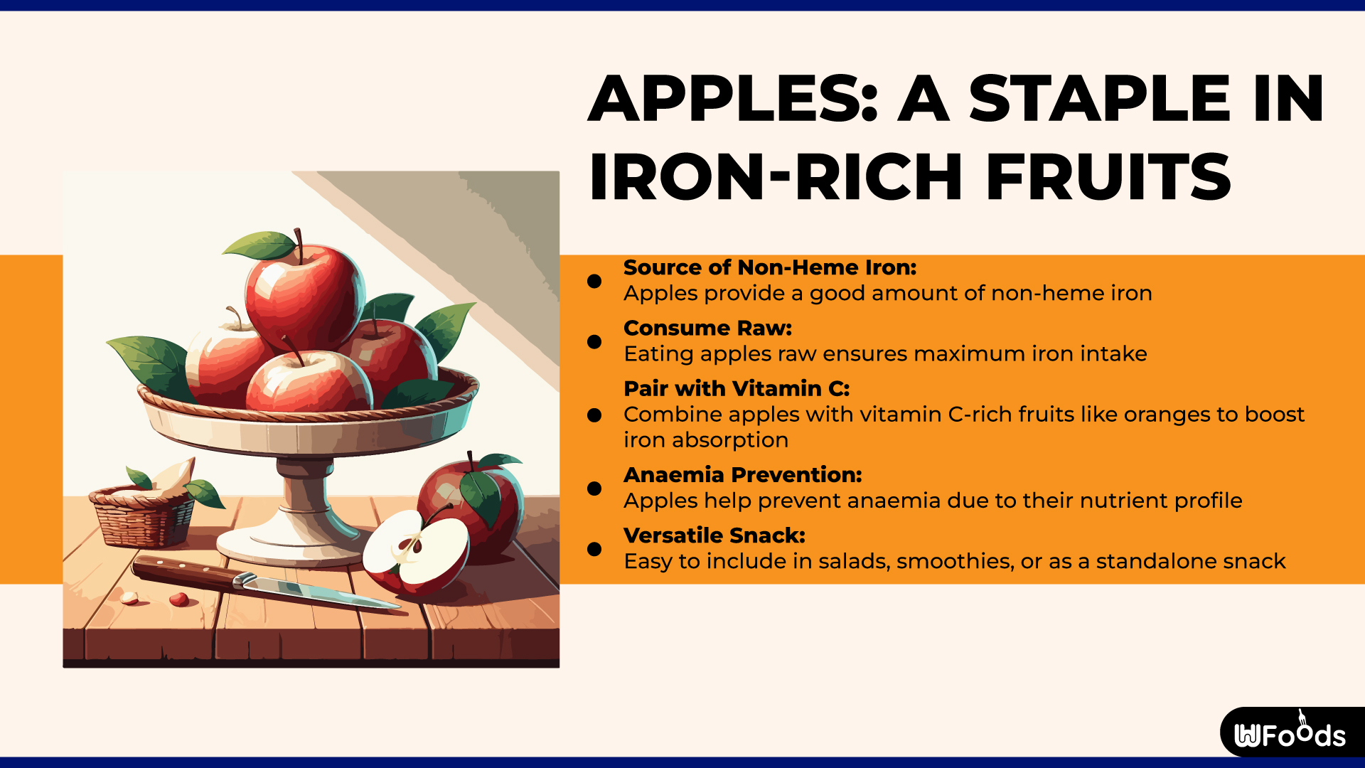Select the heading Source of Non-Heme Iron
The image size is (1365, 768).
pyautogui.click(x=770, y=267)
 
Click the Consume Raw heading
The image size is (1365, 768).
pyautogui.click(x=707, y=328)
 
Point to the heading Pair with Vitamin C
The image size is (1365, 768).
pyautogui.click(x=737, y=388)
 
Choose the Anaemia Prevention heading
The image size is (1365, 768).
pyautogui.click(x=742, y=474)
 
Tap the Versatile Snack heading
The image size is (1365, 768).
pyautogui.click(x=714, y=535)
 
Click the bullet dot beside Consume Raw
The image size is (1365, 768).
pyautogui.click(x=594, y=342)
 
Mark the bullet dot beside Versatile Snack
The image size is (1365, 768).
pyautogui.click(x=594, y=549)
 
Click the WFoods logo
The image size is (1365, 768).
pyautogui.click(x=1290, y=733)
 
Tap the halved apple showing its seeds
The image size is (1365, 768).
pyautogui.click(x=415, y=551)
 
